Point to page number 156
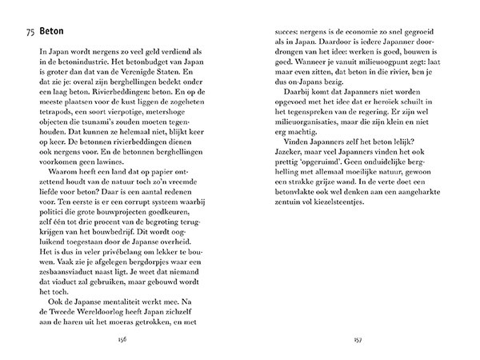122,338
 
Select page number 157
357,338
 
